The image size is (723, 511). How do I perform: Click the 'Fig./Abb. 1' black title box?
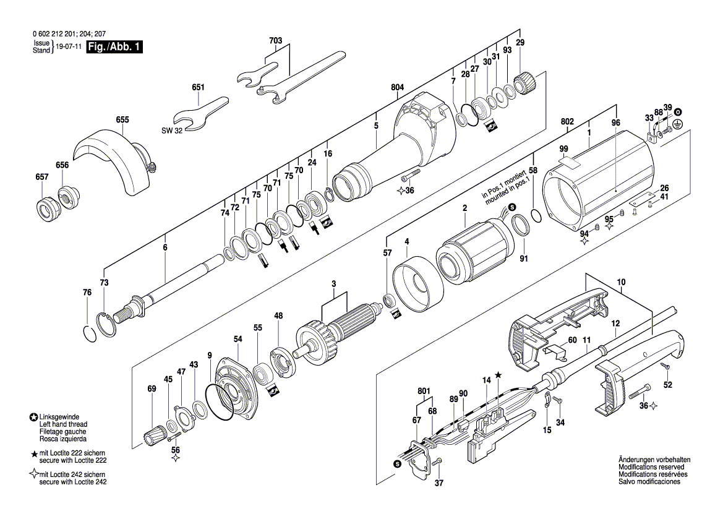coord(114,47)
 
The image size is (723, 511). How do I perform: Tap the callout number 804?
coord(398,88)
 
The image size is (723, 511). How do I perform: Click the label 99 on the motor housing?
coord(563,149)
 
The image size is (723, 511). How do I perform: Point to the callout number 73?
coord(104,282)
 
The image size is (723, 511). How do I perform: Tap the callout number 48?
coord(279,316)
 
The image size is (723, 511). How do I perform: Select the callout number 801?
coord(424,391)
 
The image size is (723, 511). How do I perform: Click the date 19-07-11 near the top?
coord(69,47)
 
